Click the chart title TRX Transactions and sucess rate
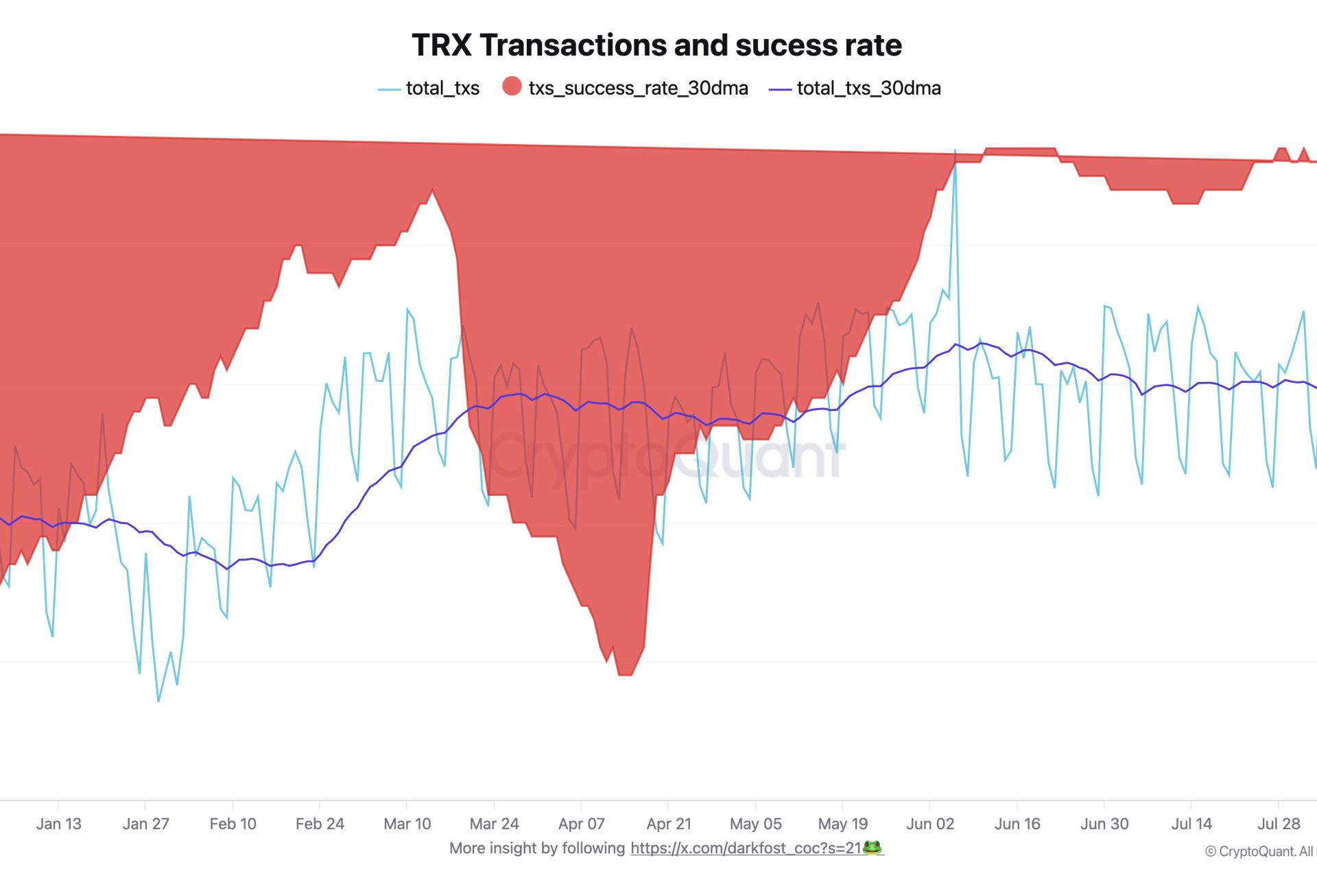pyautogui.click(x=656, y=45)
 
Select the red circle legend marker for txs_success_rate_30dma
pyautogui.click(x=512, y=86)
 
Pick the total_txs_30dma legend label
pyautogui.click(x=868, y=88)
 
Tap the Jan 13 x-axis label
pyautogui.click(x=58, y=824)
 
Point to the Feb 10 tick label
pyautogui.click(x=233, y=824)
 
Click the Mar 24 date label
pyautogui.click(x=494, y=824)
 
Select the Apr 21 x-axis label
pyautogui.click(x=669, y=824)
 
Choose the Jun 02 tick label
pyautogui.click(x=930, y=824)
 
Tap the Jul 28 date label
pyautogui.click(x=1279, y=824)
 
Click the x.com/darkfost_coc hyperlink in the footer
pyautogui.click(x=746, y=849)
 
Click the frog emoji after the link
pyautogui.click(x=872, y=848)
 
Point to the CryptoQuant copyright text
pyautogui.click(x=1259, y=852)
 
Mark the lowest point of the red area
pyautogui.click(x=625, y=675)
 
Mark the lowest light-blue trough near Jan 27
pyautogui.click(x=158, y=700)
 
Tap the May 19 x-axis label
pyautogui.click(x=843, y=824)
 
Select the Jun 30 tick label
pyautogui.click(x=1104, y=824)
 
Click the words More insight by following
pyautogui.click(x=537, y=849)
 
